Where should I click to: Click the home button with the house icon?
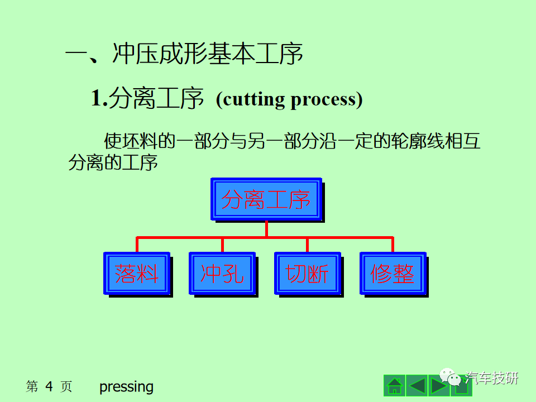point(395,385)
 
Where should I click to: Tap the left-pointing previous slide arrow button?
point(417,385)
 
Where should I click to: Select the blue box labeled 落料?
point(137,274)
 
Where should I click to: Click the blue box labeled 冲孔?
point(222,274)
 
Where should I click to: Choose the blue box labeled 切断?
point(308,274)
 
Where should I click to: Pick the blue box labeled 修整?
point(393,274)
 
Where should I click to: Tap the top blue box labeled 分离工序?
point(266,199)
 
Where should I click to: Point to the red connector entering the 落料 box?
point(137,245)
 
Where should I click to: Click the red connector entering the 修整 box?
point(393,245)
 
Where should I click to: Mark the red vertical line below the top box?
point(266,229)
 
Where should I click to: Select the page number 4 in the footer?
point(49,386)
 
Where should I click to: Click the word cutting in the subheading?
point(252,100)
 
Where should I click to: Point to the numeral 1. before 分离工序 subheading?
point(99,98)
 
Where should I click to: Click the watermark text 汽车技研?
point(491,378)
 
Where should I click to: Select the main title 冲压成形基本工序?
point(208,54)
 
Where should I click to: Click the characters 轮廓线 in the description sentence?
point(418,141)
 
